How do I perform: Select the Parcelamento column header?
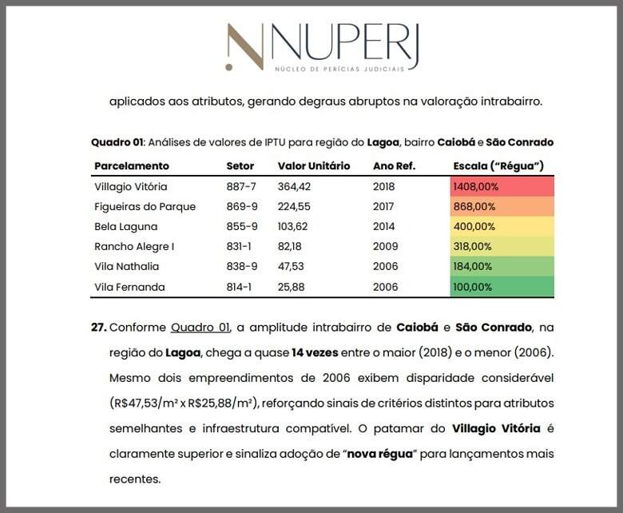tap(132, 166)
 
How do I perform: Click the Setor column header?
tap(240, 166)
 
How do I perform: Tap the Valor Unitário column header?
tap(314, 166)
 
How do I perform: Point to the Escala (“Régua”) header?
tap(498, 166)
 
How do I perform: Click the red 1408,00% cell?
tap(502, 187)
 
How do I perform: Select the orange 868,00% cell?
tap(502, 207)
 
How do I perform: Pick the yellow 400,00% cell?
tap(502, 226)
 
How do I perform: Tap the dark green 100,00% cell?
tap(502, 287)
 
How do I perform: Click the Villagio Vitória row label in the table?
tap(131, 187)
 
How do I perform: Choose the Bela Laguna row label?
tap(126, 227)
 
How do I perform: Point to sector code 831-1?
tap(239, 246)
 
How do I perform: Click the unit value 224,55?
tap(294, 207)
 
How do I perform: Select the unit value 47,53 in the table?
tap(291, 266)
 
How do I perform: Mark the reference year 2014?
tap(384, 226)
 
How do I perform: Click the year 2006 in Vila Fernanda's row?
tap(386, 287)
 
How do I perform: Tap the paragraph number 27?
tap(99, 328)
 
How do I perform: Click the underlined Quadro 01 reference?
tap(200, 328)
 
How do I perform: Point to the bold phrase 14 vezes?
tap(315, 353)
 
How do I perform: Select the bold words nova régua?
tap(380, 454)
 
